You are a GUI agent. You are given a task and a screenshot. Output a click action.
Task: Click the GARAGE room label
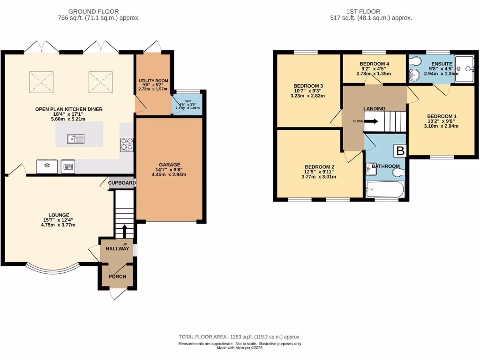(x=169, y=165)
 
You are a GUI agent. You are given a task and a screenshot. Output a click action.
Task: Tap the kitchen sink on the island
(x=75, y=139)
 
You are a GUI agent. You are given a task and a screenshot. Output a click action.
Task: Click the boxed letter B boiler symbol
(x=400, y=151)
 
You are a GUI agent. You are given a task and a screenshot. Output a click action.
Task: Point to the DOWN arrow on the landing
(x=371, y=121)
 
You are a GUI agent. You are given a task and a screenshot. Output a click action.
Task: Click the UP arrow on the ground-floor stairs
(x=125, y=231)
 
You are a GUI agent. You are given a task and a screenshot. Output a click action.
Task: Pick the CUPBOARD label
(x=122, y=183)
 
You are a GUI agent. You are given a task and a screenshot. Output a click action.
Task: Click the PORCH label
(x=117, y=276)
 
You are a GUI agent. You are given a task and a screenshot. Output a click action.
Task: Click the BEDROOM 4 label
(x=375, y=64)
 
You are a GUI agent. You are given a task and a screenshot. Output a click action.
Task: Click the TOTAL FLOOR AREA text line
(x=240, y=337)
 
